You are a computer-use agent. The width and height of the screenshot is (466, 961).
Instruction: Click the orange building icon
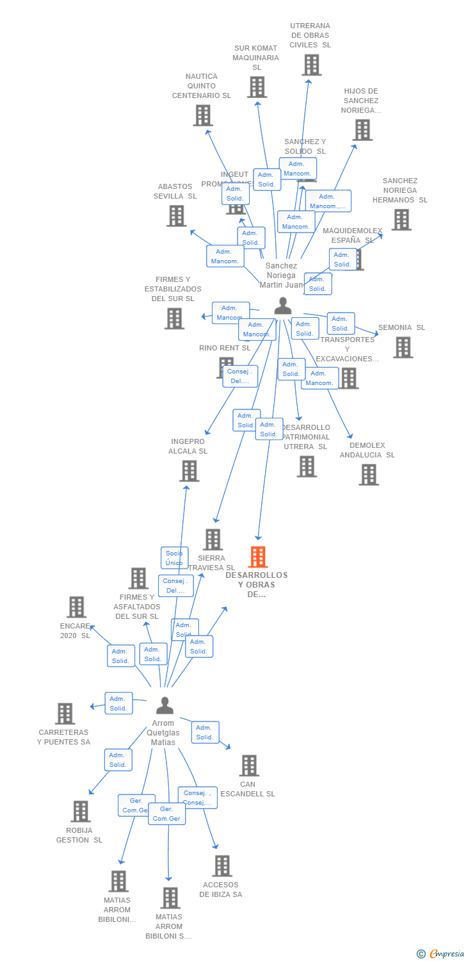pyautogui.click(x=258, y=557)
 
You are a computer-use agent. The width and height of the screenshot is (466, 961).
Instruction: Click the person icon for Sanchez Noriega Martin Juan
pyautogui.click(x=282, y=306)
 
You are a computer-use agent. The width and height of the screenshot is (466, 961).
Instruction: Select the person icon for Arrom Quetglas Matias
pyautogui.click(x=165, y=705)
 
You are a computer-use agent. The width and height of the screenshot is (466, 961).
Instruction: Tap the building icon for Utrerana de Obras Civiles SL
pyautogui.click(x=311, y=65)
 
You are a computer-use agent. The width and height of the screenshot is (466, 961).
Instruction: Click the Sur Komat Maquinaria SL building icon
pyautogui.click(x=257, y=87)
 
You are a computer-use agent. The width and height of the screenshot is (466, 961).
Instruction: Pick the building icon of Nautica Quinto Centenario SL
pyautogui.click(x=203, y=115)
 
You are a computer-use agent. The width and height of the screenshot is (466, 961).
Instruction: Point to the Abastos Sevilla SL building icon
pyautogui.click(x=177, y=216)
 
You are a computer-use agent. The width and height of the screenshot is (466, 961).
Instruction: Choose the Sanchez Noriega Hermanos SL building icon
pyautogui.click(x=401, y=220)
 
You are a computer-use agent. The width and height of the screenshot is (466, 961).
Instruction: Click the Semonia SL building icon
pyautogui.click(x=403, y=347)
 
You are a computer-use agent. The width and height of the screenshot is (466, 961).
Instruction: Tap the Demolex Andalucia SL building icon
pyautogui.click(x=369, y=475)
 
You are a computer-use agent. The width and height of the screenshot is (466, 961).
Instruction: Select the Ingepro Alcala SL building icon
pyautogui.click(x=189, y=471)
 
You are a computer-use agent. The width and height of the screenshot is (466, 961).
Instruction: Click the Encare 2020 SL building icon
pyautogui.click(x=76, y=607)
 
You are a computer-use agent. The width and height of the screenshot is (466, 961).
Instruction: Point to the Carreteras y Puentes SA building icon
pyautogui.click(x=65, y=714)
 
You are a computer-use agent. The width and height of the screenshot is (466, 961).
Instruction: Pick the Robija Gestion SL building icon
pyautogui.click(x=80, y=811)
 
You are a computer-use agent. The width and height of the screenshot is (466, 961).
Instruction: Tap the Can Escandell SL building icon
pyautogui.click(x=249, y=765)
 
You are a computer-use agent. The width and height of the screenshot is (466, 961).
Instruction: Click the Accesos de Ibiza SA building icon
pyautogui.click(x=222, y=866)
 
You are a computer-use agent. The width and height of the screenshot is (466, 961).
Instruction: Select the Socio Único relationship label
pyautogui.click(x=174, y=558)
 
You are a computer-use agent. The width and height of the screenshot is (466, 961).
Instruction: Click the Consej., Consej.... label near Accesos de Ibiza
pyautogui.click(x=197, y=798)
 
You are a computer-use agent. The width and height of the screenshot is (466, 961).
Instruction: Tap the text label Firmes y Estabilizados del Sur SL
pyautogui.click(x=173, y=289)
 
